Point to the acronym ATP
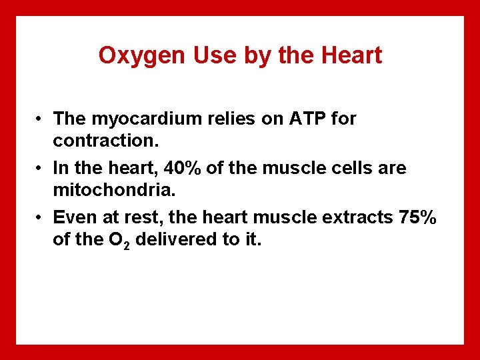(306, 119)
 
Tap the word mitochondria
(113, 191)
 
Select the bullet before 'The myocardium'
(41, 119)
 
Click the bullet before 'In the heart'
(41, 169)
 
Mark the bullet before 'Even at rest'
(41, 218)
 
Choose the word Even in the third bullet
(75, 217)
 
